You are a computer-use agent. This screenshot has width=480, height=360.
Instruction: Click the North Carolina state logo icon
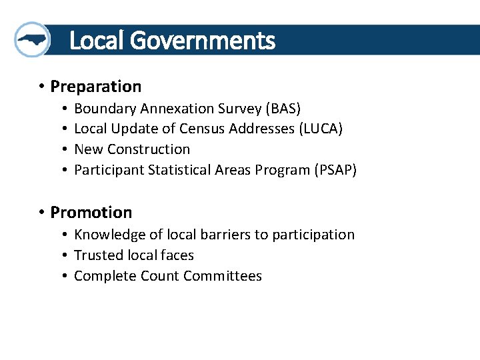(x=32, y=39)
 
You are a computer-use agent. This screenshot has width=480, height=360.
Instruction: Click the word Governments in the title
(x=203, y=40)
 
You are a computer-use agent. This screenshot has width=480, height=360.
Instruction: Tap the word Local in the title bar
(x=98, y=40)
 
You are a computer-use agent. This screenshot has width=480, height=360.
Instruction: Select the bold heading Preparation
(x=96, y=87)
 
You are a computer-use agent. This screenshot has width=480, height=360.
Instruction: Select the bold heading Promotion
(x=91, y=212)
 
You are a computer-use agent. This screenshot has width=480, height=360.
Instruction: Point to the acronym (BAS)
(x=283, y=109)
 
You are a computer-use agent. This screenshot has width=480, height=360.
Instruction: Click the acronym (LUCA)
(x=321, y=129)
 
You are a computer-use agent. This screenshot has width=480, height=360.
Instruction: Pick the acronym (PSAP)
(x=336, y=170)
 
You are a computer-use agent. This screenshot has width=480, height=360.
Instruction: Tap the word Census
(x=202, y=129)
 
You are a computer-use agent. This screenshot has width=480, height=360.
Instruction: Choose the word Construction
(x=149, y=149)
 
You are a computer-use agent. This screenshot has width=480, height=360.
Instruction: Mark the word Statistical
(x=179, y=170)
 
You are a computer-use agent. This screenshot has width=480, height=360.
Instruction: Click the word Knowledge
(x=110, y=235)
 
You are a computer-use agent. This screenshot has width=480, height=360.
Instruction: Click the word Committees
(x=223, y=276)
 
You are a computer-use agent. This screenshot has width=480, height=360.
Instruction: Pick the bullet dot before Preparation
(x=41, y=86)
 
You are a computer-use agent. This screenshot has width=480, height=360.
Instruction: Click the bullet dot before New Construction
(x=64, y=149)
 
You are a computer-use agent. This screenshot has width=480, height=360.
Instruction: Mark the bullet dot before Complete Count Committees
(x=64, y=275)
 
